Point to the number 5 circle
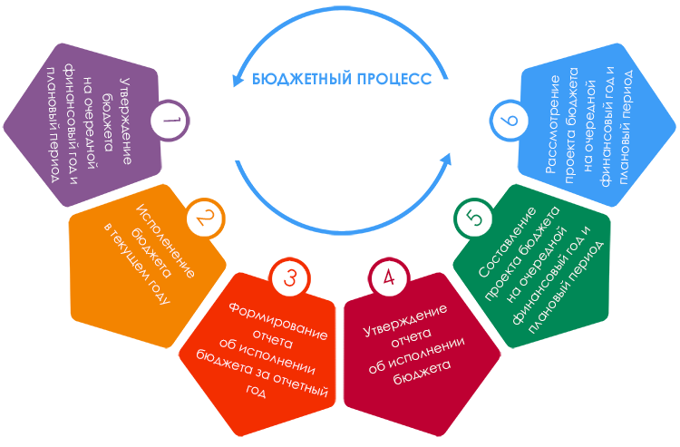click(x=471, y=219)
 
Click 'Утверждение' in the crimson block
click(x=405, y=321)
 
